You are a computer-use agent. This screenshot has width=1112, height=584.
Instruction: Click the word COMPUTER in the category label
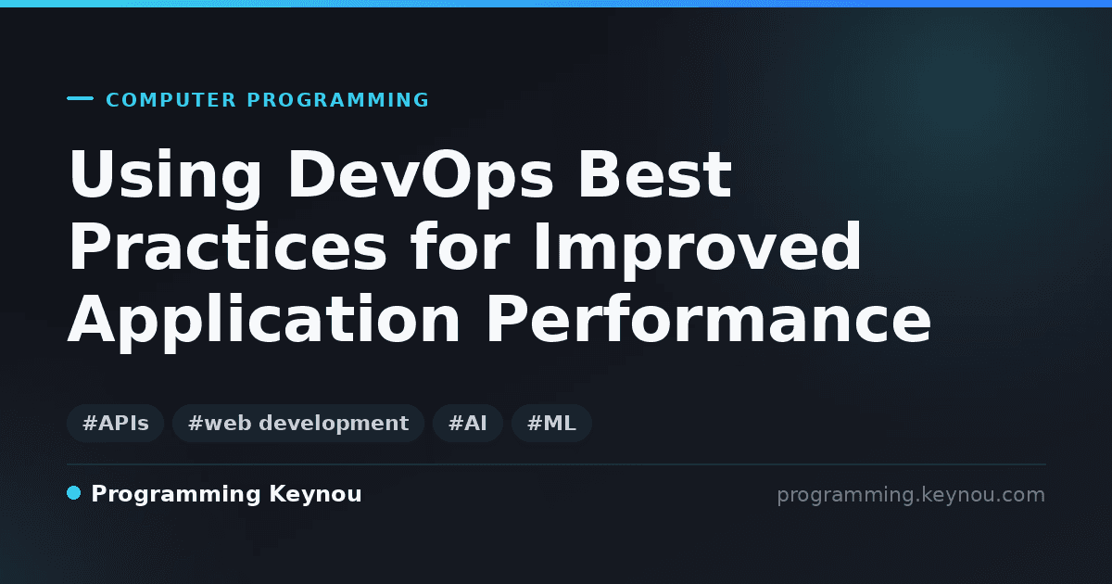click(x=171, y=100)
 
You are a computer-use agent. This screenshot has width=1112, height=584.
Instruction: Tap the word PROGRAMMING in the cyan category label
click(x=338, y=100)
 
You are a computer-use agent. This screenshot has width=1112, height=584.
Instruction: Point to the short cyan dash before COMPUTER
click(x=80, y=98)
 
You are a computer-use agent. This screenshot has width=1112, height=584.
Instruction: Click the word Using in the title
click(x=165, y=177)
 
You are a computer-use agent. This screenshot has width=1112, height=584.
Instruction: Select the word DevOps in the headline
click(x=421, y=177)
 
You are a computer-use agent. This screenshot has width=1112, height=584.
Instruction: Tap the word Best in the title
click(x=655, y=174)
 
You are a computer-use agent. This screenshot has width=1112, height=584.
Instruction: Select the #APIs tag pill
click(x=116, y=423)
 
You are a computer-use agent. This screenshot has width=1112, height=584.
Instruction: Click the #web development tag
click(x=298, y=423)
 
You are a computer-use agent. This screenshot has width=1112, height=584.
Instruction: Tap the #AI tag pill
click(x=468, y=423)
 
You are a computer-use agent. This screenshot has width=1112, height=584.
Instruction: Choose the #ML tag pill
click(x=551, y=423)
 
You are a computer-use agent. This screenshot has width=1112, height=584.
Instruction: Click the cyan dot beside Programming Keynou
click(x=73, y=493)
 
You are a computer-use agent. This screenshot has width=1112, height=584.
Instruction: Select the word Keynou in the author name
click(x=315, y=495)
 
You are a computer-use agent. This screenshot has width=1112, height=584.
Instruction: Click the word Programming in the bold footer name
click(x=176, y=495)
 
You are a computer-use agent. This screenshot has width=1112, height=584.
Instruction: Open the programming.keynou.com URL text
click(x=911, y=495)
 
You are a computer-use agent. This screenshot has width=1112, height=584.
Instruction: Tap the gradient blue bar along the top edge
click(x=556, y=4)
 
